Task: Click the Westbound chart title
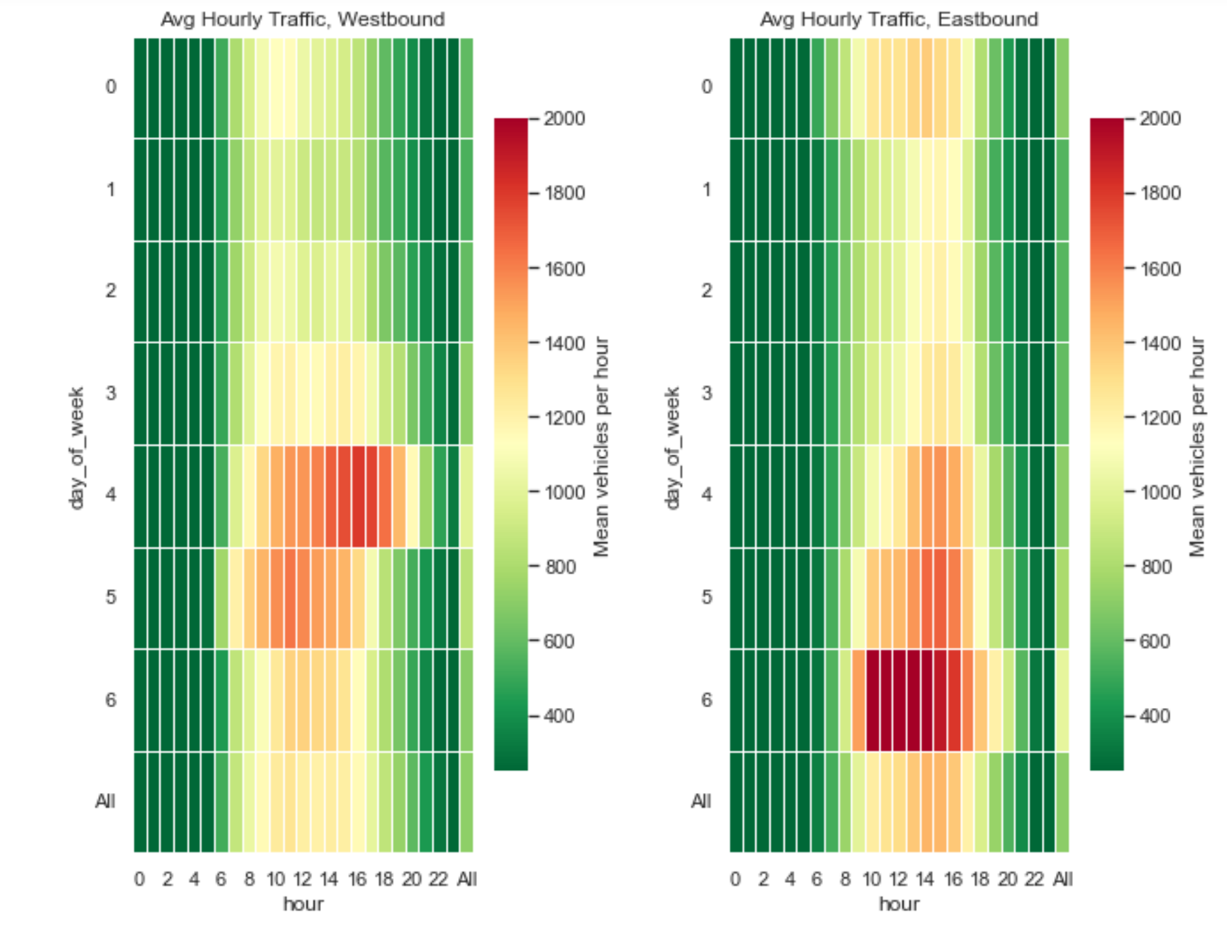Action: pos(302,19)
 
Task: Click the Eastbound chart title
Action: pos(899,19)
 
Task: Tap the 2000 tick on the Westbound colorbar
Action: pos(564,119)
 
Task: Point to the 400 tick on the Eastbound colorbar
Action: pos(1154,716)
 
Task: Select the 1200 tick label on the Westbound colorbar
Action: pos(564,418)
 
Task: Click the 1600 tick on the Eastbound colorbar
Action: pos(1160,269)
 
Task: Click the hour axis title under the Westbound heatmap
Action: pos(303,904)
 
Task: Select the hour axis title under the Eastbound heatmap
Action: pos(899,904)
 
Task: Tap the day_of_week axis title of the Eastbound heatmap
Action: pos(672,448)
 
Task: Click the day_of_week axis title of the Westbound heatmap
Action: pos(76,448)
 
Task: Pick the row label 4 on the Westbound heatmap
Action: pos(111,494)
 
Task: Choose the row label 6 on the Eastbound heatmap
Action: pos(707,700)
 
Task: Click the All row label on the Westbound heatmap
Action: pos(105,801)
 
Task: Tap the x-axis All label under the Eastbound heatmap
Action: pos(1063,879)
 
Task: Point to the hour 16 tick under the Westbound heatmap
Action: pos(357,879)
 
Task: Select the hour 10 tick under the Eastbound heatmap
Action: pos(872,879)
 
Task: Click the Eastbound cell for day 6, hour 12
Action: pos(899,701)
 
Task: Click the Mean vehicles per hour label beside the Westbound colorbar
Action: pos(601,447)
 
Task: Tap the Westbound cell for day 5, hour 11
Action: pos(290,599)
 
